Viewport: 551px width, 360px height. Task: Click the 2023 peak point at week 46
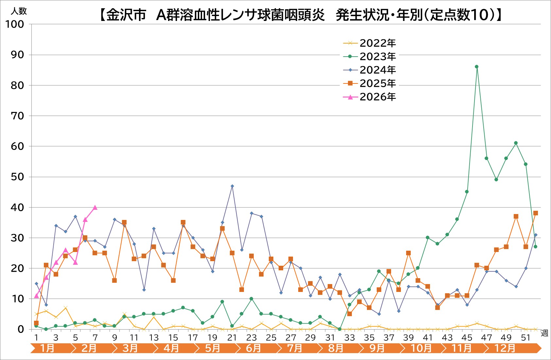click(x=476, y=67)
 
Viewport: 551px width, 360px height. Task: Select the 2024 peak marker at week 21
click(x=232, y=186)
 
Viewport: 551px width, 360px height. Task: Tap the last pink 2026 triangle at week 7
click(x=95, y=207)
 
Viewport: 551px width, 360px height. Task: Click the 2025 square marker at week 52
click(x=535, y=213)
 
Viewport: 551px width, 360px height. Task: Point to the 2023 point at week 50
click(x=516, y=143)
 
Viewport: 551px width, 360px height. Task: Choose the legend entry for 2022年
click(x=377, y=43)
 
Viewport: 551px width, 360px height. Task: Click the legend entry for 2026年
click(x=377, y=97)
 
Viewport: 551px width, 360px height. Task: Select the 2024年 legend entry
click(x=377, y=70)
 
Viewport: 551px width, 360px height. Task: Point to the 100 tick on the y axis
click(x=14, y=24)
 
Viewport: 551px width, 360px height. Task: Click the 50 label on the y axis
click(x=17, y=177)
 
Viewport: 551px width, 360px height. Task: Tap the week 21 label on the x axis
click(x=232, y=338)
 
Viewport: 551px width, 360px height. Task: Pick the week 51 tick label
click(x=525, y=338)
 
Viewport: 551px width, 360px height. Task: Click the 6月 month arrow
click(x=253, y=348)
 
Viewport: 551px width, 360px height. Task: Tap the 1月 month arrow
click(x=48, y=348)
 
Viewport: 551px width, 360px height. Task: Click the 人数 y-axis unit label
click(x=19, y=11)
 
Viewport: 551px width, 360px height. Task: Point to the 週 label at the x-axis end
click(x=544, y=333)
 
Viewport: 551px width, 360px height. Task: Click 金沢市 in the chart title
click(x=126, y=15)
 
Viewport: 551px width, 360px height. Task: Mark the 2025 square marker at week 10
click(x=124, y=223)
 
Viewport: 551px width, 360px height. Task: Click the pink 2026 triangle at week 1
click(x=36, y=296)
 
